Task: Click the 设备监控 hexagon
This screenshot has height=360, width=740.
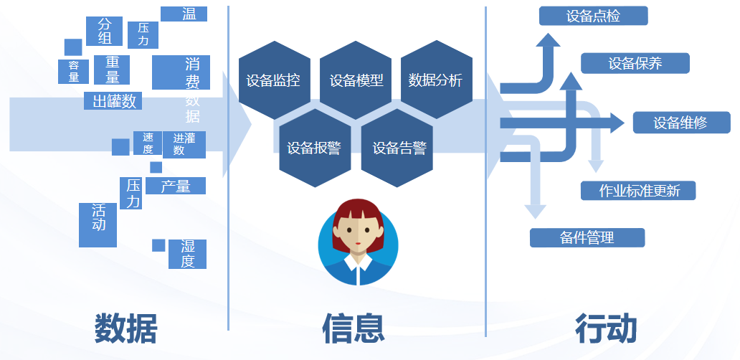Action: click(274, 80)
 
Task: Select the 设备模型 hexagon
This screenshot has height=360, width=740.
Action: click(356, 80)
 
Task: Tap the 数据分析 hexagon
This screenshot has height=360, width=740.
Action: click(437, 80)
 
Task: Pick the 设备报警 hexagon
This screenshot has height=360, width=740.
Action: click(315, 148)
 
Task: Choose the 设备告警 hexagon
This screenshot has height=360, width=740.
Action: click(397, 148)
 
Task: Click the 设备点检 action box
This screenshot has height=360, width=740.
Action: click(593, 16)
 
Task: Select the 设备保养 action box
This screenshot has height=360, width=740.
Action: click(635, 63)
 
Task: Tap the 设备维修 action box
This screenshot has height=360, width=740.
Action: click(681, 123)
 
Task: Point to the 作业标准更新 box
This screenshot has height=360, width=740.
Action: click(638, 191)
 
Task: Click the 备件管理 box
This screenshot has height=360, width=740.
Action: click(587, 237)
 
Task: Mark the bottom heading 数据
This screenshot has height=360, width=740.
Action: click(125, 328)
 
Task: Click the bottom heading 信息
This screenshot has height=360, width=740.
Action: click(353, 328)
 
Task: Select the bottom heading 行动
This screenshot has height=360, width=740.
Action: click(607, 328)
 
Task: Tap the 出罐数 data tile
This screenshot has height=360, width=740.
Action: click(113, 101)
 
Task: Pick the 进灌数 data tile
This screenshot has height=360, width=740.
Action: click(184, 144)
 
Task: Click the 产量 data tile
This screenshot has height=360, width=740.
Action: click(176, 186)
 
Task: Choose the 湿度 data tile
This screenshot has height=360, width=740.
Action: click(187, 254)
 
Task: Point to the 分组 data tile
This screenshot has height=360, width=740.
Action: click(104, 31)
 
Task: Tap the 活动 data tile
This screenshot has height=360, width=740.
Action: click(98, 225)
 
